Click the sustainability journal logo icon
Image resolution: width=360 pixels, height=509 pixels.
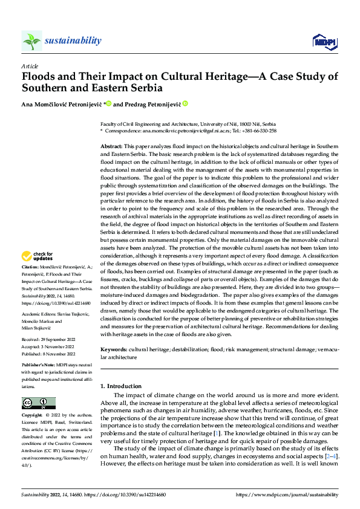pos(31,41)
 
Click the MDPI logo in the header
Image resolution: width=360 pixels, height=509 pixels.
pos(322,41)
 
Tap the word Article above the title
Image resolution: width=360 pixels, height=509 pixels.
pos(30,65)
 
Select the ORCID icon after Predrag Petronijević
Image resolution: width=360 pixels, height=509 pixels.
pos(185,104)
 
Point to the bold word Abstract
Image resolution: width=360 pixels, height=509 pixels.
pos(111,146)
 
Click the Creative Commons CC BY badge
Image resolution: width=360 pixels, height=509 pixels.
pos(39,403)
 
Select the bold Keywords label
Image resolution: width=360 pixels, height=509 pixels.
pos(113,349)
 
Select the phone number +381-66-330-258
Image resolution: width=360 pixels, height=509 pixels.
pos(261,131)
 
